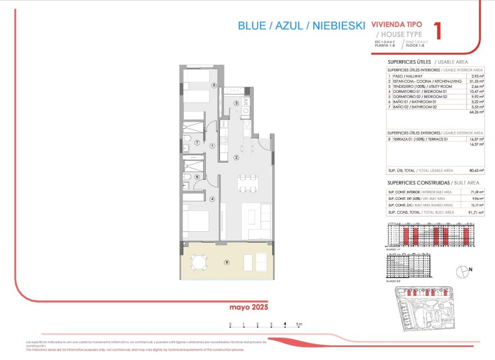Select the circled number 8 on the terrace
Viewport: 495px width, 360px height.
[227, 262]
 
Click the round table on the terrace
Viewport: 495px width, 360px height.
[199, 262]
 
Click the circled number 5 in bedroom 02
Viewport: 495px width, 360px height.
[214, 85]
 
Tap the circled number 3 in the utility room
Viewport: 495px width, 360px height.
[236, 103]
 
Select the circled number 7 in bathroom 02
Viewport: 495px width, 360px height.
[197, 143]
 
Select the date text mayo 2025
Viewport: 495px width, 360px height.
[248, 308]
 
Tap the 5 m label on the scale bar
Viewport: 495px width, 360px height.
[300, 324]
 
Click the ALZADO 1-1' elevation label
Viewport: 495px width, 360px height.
[395, 248]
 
